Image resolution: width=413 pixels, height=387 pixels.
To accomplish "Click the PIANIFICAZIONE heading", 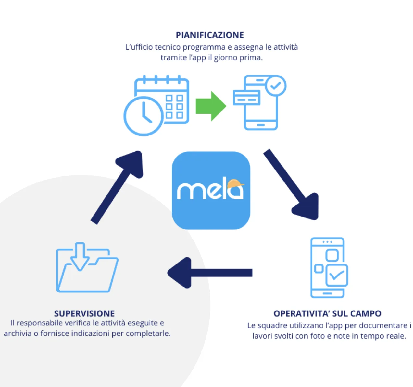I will coord(210,35).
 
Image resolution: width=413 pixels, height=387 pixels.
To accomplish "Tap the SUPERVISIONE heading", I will coord(84,313).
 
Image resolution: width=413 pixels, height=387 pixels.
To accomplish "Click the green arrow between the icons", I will coord(211,106).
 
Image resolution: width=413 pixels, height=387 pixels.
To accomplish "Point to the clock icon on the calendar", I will coord(143,116).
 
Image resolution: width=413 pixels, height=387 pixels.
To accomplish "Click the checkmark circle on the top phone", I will coord(276,86).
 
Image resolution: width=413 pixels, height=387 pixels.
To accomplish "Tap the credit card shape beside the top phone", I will coord(247,98).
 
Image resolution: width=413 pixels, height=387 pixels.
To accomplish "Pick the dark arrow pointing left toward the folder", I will coord(209,273).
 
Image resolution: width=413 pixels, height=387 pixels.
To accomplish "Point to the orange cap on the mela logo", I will coord(235,184).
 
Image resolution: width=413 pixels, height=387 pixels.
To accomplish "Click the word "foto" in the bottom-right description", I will coord(317,336).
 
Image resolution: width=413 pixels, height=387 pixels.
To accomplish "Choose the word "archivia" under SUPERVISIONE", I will coord(18,333).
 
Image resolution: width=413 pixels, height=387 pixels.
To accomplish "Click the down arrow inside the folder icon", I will coord(80,256).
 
